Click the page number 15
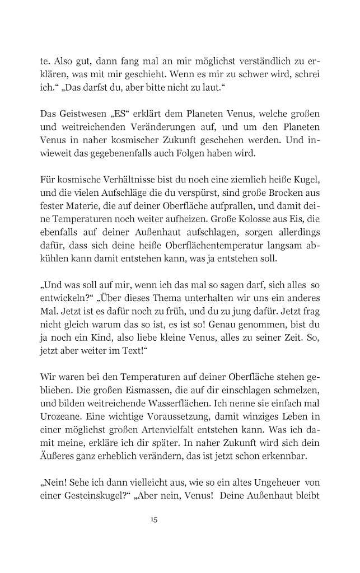154,520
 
